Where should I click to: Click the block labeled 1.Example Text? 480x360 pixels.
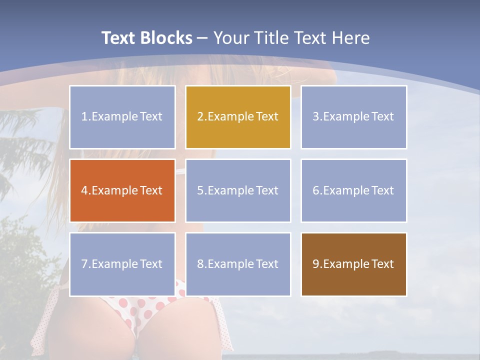tap(122, 117)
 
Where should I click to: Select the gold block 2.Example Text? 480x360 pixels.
tap(238, 117)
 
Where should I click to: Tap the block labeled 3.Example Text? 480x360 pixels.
tap(353, 117)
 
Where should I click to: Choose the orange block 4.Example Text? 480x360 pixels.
tap(122, 190)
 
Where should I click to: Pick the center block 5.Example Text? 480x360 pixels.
tap(238, 190)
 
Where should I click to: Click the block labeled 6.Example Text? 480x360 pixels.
tap(353, 190)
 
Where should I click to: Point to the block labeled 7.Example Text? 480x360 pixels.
tap(122, 264)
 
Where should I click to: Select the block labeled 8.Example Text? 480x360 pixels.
tap(238, 264)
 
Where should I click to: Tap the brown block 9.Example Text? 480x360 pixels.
tap(353, 264)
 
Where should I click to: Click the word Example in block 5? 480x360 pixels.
tap(230, 190)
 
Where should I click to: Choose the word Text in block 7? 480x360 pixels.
tap(151, 264)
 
